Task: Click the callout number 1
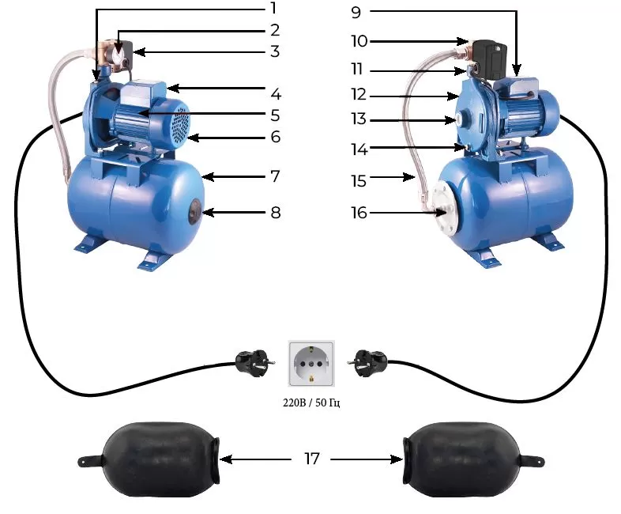tap(273, 8)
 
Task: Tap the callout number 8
tap(276, 213)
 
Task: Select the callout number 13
tap(359, 119)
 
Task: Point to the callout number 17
tap(312, 459)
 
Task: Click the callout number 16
tap(359, 213)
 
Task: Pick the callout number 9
tap(356, 13)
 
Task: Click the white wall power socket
tap(311, 363)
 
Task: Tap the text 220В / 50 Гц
tap(311, 403)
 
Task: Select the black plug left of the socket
tap(254, 362)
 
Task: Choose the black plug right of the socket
tap(367, 362)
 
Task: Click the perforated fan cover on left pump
tap(179, 124)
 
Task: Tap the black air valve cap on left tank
tap(195, 212)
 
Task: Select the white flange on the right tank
tap(444, 211)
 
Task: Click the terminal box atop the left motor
tap(142, 93)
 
